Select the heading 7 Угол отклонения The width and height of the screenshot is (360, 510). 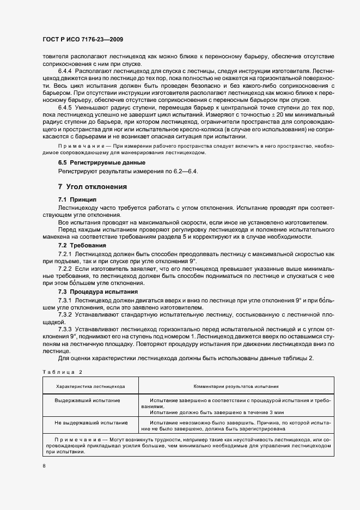(93, 187)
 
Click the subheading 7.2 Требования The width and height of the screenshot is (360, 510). (83, 246)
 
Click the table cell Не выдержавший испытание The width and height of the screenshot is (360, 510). (90, 422)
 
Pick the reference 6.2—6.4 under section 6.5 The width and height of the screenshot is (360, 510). (185, 172)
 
